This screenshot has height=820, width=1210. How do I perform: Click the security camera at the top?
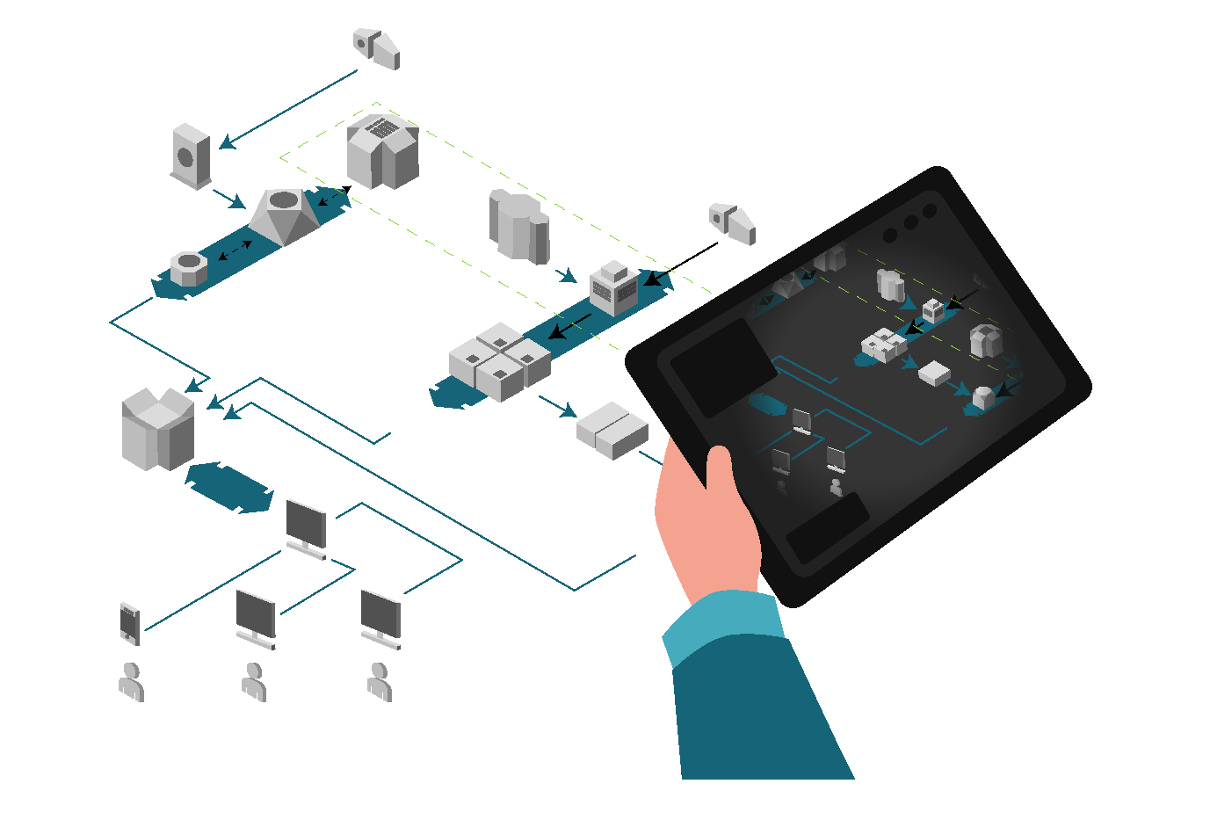click(378, 48)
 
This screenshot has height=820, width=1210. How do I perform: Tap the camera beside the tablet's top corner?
click(732, 223)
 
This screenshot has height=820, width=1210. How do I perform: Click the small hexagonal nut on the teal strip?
click(188, 268)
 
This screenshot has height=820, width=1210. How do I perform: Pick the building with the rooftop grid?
click(382, 151)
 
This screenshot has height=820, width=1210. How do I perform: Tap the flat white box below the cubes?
click(612, 431)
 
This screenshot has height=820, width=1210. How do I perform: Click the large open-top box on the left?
click(158, 429)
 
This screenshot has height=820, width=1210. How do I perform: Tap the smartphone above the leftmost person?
click(130, 623)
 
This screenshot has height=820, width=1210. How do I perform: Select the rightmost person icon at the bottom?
click(380, 682)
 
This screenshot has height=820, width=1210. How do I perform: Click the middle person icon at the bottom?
click(255, 682)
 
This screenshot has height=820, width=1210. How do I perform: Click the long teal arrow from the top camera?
click(290, 108)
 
